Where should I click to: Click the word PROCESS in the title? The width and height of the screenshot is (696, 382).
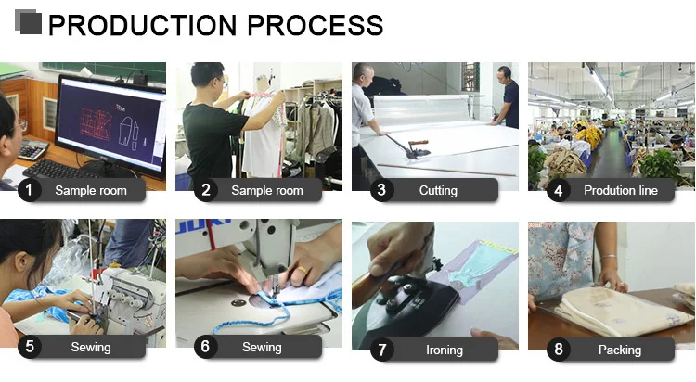316,25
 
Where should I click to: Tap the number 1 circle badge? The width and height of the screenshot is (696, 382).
30,190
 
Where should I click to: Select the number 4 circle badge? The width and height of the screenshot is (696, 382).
558,190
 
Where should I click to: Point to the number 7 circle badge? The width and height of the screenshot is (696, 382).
381,350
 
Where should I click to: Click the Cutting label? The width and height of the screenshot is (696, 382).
438,190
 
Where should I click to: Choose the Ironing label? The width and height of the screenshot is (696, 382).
445,350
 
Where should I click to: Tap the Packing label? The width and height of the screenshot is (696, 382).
620,350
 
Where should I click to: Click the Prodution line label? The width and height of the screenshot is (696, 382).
621,190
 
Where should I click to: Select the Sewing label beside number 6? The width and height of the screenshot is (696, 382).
262,347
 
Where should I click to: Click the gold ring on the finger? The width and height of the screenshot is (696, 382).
302,269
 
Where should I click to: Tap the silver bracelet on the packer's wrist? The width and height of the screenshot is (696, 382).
609,257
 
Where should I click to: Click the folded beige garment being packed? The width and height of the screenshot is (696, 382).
619,311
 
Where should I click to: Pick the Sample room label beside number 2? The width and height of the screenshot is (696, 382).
266,190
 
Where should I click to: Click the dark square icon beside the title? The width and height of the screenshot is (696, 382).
29,22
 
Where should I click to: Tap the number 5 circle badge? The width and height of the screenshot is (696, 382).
30,347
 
